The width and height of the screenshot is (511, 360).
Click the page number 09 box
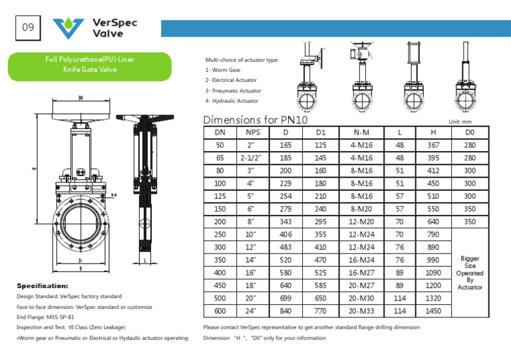(28, 28)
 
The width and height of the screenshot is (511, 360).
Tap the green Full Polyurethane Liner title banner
(89, 64)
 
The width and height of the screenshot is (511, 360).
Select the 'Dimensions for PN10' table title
(250, 120)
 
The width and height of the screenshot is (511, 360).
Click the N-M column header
(362, 132)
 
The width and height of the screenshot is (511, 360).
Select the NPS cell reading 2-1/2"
(250, 158)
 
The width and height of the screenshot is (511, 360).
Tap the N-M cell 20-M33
(362, 310)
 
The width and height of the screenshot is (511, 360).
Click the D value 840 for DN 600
(285, 310)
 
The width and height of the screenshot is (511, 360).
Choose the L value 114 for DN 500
(399, 297)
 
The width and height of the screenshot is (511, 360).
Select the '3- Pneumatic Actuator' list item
(233, 90)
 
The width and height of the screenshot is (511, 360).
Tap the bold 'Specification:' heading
(42, 285)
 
